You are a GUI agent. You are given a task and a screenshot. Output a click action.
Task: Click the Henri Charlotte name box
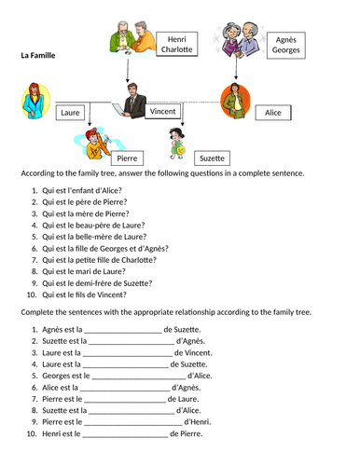(x=174, y=44)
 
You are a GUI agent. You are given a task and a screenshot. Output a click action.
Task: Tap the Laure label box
(x=70, y=113)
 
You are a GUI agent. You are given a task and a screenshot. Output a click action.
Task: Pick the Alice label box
(x=272, y=112)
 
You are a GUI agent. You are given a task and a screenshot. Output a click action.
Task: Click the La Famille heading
(x=38, y=56)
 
